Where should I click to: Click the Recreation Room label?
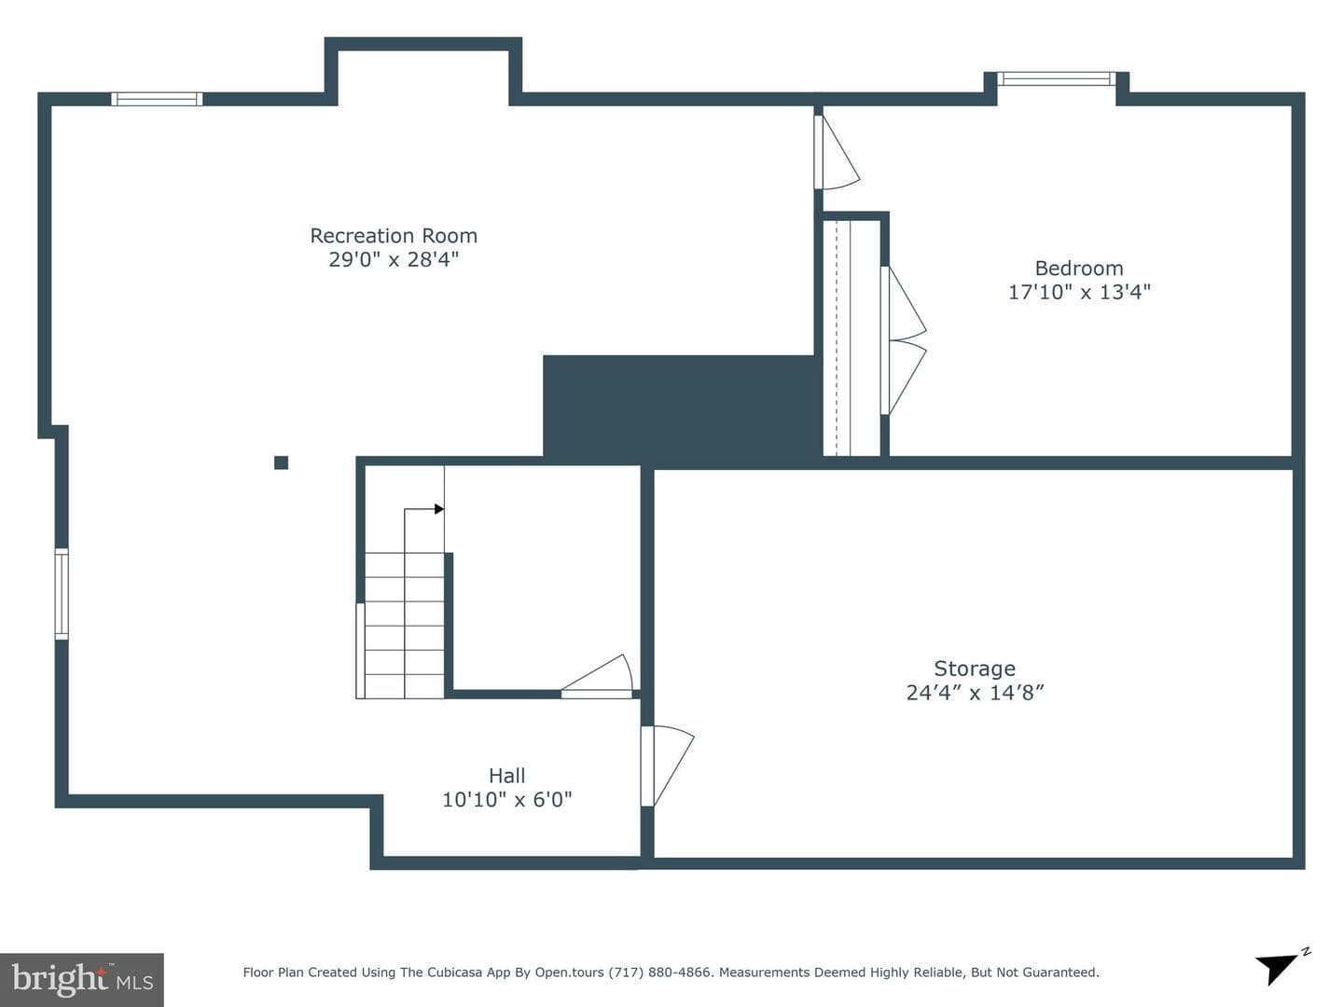[x=394, y=236]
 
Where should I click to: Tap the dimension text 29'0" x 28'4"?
[x=394, y=259]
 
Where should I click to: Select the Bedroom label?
[x=1079, y=269]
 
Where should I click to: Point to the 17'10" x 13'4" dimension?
[x=1079, y=292]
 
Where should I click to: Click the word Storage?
[x=975, y=669]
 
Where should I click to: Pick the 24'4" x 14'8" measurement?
[x=975, y=693]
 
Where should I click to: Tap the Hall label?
[x=506, y=776]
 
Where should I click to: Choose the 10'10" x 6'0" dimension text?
[x=506, y=800]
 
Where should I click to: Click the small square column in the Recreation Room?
[x=281, y=462]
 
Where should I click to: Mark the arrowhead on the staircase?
[x=438, y=509]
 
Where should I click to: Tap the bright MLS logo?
[x=82, y=979]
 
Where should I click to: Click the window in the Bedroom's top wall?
[x=1057, y=79]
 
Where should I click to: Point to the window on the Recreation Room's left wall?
[x=62, y=594]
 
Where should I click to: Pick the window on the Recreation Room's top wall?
[x=157, y=99]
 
